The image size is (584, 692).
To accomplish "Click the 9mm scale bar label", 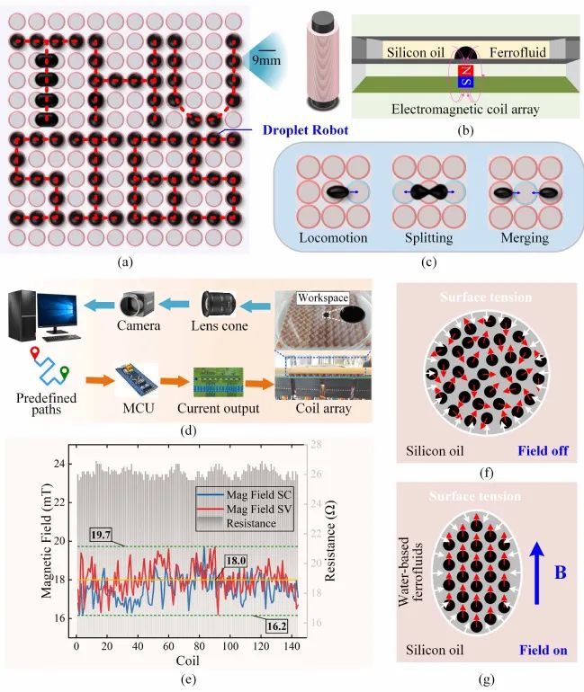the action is coord(266,60).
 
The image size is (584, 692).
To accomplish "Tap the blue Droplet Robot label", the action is coord(305,130).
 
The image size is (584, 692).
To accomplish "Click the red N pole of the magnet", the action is coord(466,70).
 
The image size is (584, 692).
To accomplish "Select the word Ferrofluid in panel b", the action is coord(517,52).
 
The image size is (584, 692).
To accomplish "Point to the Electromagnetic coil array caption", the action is coord(465,109).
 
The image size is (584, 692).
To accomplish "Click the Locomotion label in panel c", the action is coord(333,238).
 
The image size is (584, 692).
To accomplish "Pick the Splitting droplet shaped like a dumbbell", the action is coord(429,192).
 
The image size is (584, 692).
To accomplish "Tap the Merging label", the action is coord(525,238).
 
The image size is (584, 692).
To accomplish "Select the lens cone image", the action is coord(219,305).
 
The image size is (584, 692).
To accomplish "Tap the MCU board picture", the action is coord(137,380).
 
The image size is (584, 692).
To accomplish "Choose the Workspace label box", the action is coord(322,297).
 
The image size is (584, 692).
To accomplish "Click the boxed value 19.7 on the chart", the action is coord(101,535).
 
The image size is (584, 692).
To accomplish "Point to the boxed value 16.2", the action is coord(276,626).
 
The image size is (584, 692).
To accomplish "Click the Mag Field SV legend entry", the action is coord(244,509).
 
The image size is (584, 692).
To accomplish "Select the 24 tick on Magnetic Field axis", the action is coord(59,464).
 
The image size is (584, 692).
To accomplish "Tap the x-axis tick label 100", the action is coord(230,646).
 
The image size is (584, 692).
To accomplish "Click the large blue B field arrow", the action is coord(536,573).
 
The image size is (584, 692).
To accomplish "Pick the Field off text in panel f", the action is coord(543,450).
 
